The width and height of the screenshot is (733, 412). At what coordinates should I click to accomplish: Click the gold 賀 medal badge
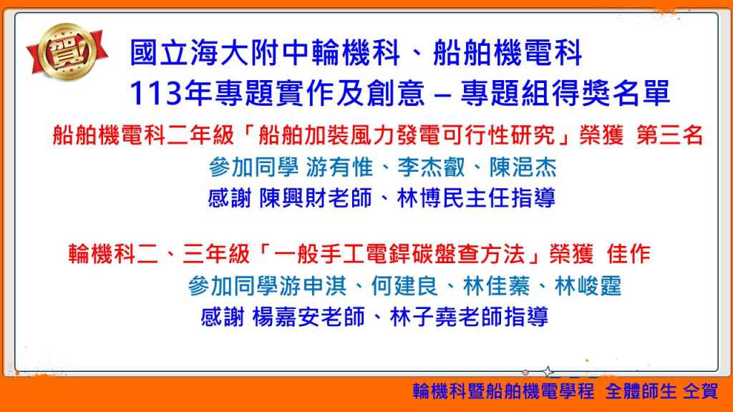tap(67, 52)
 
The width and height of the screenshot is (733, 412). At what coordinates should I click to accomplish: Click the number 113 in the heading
tap(155, 93)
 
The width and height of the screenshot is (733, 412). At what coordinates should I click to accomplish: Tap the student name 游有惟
tap(339, 167)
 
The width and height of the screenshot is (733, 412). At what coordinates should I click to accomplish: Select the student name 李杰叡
tap(431, 167)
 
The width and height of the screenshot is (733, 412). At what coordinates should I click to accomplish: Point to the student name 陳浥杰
tap(523, 167)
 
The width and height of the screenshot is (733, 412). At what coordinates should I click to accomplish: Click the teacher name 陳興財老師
tap(316, 198)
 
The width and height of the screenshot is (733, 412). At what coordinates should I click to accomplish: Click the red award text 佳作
tap(628, 254)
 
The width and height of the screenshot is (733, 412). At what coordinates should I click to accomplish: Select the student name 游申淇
tap(314, 286)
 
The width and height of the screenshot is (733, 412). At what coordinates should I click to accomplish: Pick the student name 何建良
tap(405, 286)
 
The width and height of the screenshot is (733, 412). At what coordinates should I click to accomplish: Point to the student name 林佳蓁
tap(497, 286)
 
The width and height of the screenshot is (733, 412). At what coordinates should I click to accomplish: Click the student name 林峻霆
tap(588, 286)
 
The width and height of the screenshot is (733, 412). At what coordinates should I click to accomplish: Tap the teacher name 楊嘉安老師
tap(309, 317)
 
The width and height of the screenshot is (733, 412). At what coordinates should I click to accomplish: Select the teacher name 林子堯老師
tap(446, 317)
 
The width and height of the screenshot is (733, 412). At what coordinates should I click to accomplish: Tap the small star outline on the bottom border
tap(548, 372)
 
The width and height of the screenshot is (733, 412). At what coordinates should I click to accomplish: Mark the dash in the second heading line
tap(442, 94)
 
